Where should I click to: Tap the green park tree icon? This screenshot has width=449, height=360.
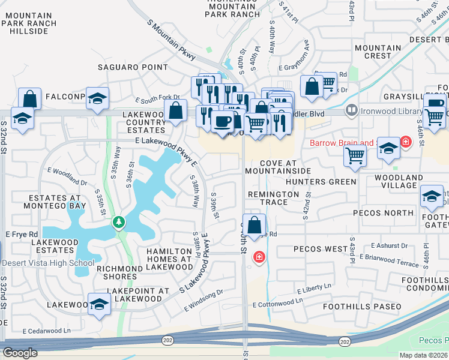[119, 223]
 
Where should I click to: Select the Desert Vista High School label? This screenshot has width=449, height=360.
[47, 263]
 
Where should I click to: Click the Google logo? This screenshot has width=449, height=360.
[20, 352]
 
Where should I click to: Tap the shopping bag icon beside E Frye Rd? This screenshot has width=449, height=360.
[255, 225]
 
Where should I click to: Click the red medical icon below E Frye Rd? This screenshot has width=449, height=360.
[259, 257]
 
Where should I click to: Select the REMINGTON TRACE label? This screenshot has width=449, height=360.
[273, 199]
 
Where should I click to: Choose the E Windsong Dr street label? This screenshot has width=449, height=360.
[203, 300]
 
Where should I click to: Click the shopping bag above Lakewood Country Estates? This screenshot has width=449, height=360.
[175, 111]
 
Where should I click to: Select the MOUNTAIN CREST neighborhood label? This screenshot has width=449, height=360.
[378, 52]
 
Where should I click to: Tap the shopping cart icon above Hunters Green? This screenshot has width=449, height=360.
[355, 156]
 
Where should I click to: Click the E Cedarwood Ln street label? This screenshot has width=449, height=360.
[46, 331]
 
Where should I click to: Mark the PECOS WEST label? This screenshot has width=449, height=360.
[321, 249]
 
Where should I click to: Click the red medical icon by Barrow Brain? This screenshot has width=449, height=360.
[406, 142]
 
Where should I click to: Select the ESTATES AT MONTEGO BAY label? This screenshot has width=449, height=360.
[54, 202]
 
